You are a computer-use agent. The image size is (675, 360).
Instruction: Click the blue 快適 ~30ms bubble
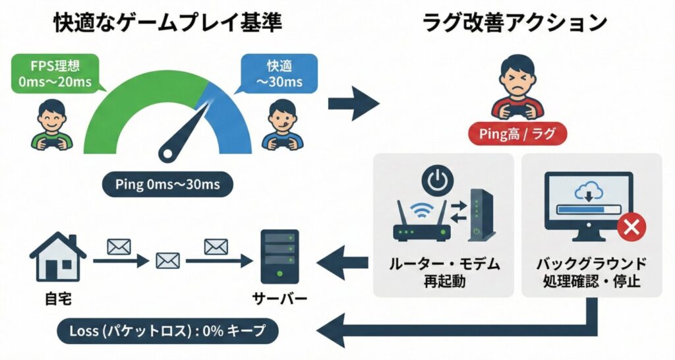click(284, 74)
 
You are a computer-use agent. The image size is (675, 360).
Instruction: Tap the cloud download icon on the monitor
click(587, 192)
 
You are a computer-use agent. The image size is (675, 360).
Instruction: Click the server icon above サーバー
click(279, 258)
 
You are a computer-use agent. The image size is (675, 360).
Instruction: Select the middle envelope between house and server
click(167, 260)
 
